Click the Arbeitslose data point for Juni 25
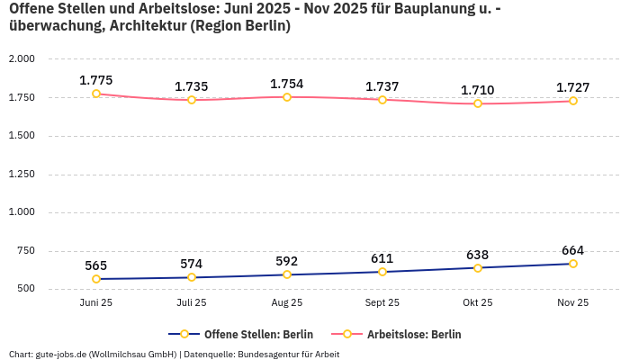click(96, 94)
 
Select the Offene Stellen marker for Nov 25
click(572, 264)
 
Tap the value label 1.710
click(477, 90)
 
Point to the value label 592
click(287, 261)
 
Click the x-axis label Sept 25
click(382, 303)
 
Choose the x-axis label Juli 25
click(192, 303)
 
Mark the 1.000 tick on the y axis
click(21, 213)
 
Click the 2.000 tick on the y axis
click(21, 59)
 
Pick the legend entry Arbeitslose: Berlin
click(404, 334)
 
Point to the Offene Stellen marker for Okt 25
click(478, 268)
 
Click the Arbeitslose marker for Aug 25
click(287, 97)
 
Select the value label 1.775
click(96, 80)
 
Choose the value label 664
click(572, 250)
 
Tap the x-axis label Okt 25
click(478, 303)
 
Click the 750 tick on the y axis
click(24, 252)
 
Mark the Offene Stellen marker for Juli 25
click(192, 277)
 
